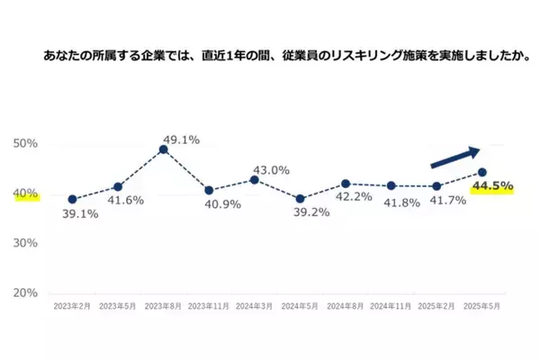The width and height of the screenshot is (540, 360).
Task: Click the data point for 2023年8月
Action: click(x=163, y=149)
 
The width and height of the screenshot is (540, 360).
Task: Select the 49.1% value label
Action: click(x=180, y=139)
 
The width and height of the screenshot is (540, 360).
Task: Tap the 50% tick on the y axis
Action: click(x=24, y=144)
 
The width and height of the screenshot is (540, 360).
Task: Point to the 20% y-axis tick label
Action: click(x=24, y=293)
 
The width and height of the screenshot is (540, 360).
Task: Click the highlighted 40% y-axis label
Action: click(x=24, y=193)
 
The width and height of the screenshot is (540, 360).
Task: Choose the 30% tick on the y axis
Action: click(x=24, y=244)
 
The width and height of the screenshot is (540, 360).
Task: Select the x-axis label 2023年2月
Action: click(x=71, y=307)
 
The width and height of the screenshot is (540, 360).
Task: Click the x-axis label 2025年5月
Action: click(x=481, y=307)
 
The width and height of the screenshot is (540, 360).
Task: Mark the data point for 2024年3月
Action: click(x=254, y=180)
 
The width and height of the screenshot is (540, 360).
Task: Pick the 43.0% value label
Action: click(x=271, y=169)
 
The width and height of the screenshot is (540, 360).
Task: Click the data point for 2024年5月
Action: click(x=300, y=199)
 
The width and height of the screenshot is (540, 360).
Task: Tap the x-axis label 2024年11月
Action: click(x=390, y=307)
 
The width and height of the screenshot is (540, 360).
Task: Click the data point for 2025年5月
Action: click(x=482, y=172)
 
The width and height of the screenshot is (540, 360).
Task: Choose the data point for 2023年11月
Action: click(x=208, y=191)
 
